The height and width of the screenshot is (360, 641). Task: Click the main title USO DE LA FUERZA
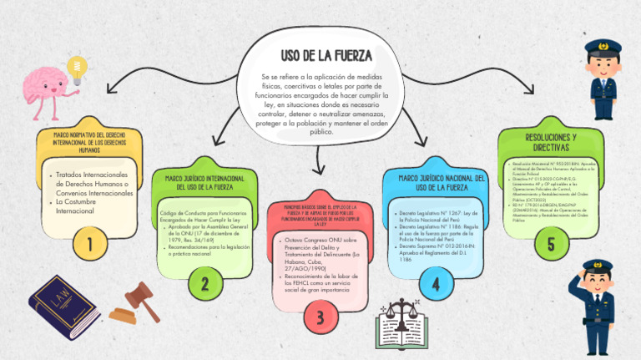(326, 56)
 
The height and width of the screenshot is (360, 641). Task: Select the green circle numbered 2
(204, 284)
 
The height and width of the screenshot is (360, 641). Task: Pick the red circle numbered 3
(320, 317)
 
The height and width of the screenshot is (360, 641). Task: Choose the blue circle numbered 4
(435, 283)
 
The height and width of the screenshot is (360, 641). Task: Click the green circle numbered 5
(550, 244)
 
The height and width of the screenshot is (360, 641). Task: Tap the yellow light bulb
(78, 68)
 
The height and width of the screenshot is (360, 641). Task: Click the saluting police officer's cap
(598, 267)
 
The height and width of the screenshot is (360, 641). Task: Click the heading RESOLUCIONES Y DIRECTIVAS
(551, 141)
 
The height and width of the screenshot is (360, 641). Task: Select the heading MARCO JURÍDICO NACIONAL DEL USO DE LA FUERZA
(436, 183)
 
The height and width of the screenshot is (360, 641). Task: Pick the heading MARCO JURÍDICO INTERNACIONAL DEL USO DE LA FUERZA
(204, 183)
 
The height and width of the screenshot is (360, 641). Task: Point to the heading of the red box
(320, 215)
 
